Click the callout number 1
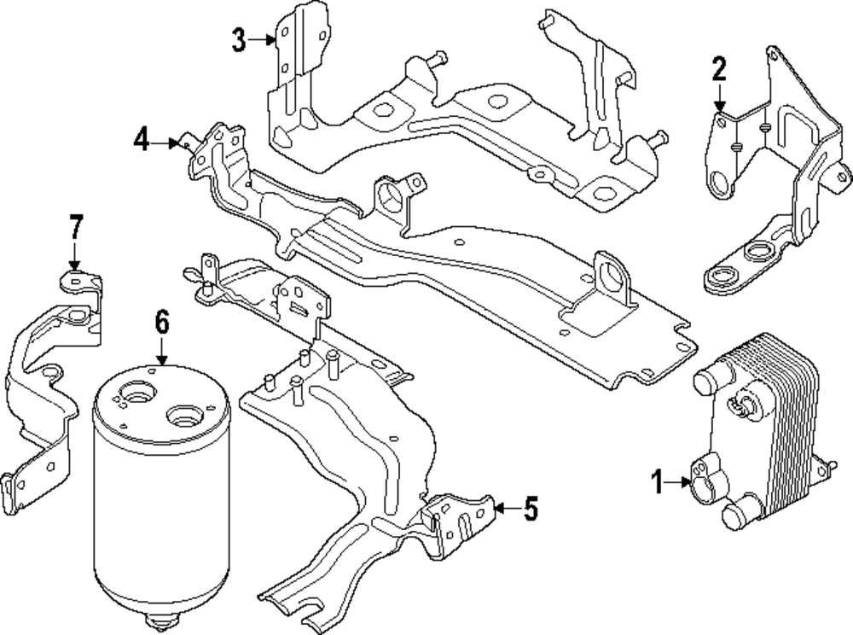tap(658, 483)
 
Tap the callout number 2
tap(719, 67)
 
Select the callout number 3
tap(240, 38)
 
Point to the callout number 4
tap(142, 139)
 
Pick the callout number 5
tap(531, 510)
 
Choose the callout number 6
tap(162, 323)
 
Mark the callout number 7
tap(75, 229)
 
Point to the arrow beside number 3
tap(264, 38)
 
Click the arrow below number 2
tap(719, 97)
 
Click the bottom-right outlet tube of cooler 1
tap(734, 516)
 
